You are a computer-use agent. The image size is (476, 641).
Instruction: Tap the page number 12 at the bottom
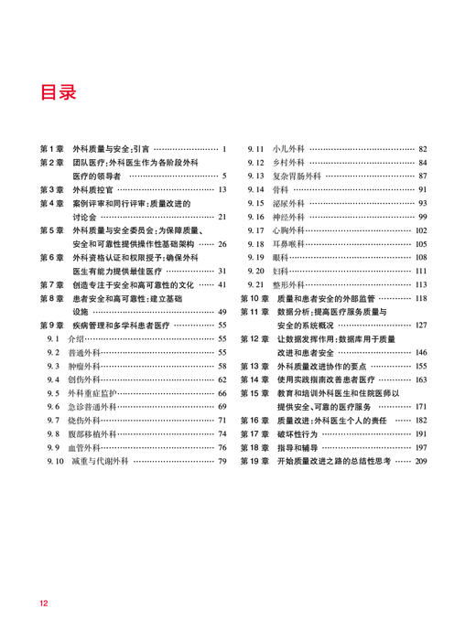coord(43,604)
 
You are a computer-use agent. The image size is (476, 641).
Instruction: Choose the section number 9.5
coord(53,393)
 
